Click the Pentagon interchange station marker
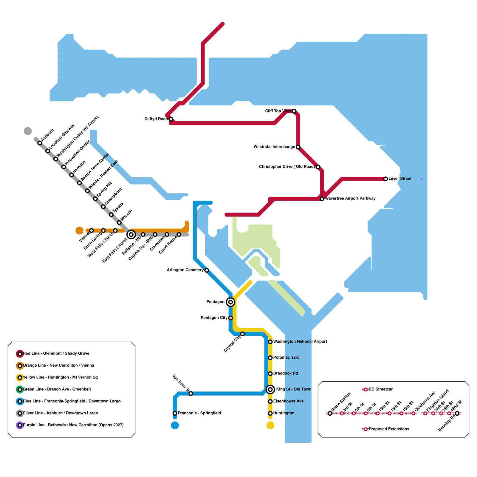(230, 302)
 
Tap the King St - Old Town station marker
(270, 389)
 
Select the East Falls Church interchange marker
(131, 235)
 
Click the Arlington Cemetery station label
(185, 270)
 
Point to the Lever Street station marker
(385, 179)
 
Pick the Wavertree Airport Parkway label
(350, 199)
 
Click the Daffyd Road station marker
(171, 119)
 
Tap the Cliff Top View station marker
(294, 111)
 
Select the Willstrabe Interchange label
(274, 147)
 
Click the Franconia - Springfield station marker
(175, 413)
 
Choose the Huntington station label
(284, 413)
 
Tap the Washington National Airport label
(300, 342)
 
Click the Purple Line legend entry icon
(20, 425)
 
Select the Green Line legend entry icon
(20, 389)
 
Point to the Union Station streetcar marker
(330, 413)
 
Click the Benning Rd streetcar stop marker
(457, 413)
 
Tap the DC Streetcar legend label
(381, 389)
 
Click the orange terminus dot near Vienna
(80, 230)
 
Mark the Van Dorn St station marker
(191, 394)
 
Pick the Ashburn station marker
(40, 143)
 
